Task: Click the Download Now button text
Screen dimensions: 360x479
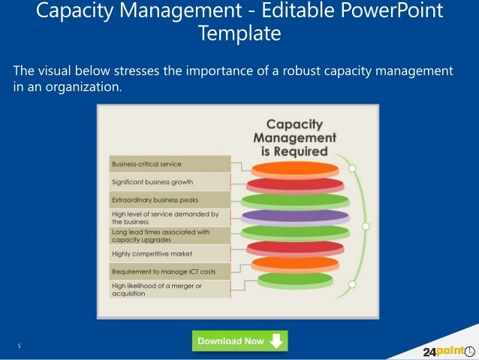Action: tap(230, 341)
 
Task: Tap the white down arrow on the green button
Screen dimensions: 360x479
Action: tap(276, 341)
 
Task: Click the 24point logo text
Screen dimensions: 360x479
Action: tap(438, 351)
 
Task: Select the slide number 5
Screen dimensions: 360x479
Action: tap(19, 346)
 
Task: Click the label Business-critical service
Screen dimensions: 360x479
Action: tap(146, 164)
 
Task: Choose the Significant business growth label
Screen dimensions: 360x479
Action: tap(152, 182)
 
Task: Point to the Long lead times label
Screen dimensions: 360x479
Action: tap(161, 236)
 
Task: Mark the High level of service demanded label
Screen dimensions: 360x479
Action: tap(164, 218)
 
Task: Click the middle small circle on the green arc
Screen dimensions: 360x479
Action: tap(366, 225)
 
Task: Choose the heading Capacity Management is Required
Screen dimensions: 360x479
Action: tap(295, 138)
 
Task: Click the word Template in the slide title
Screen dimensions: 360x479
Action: tap(239, 33)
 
